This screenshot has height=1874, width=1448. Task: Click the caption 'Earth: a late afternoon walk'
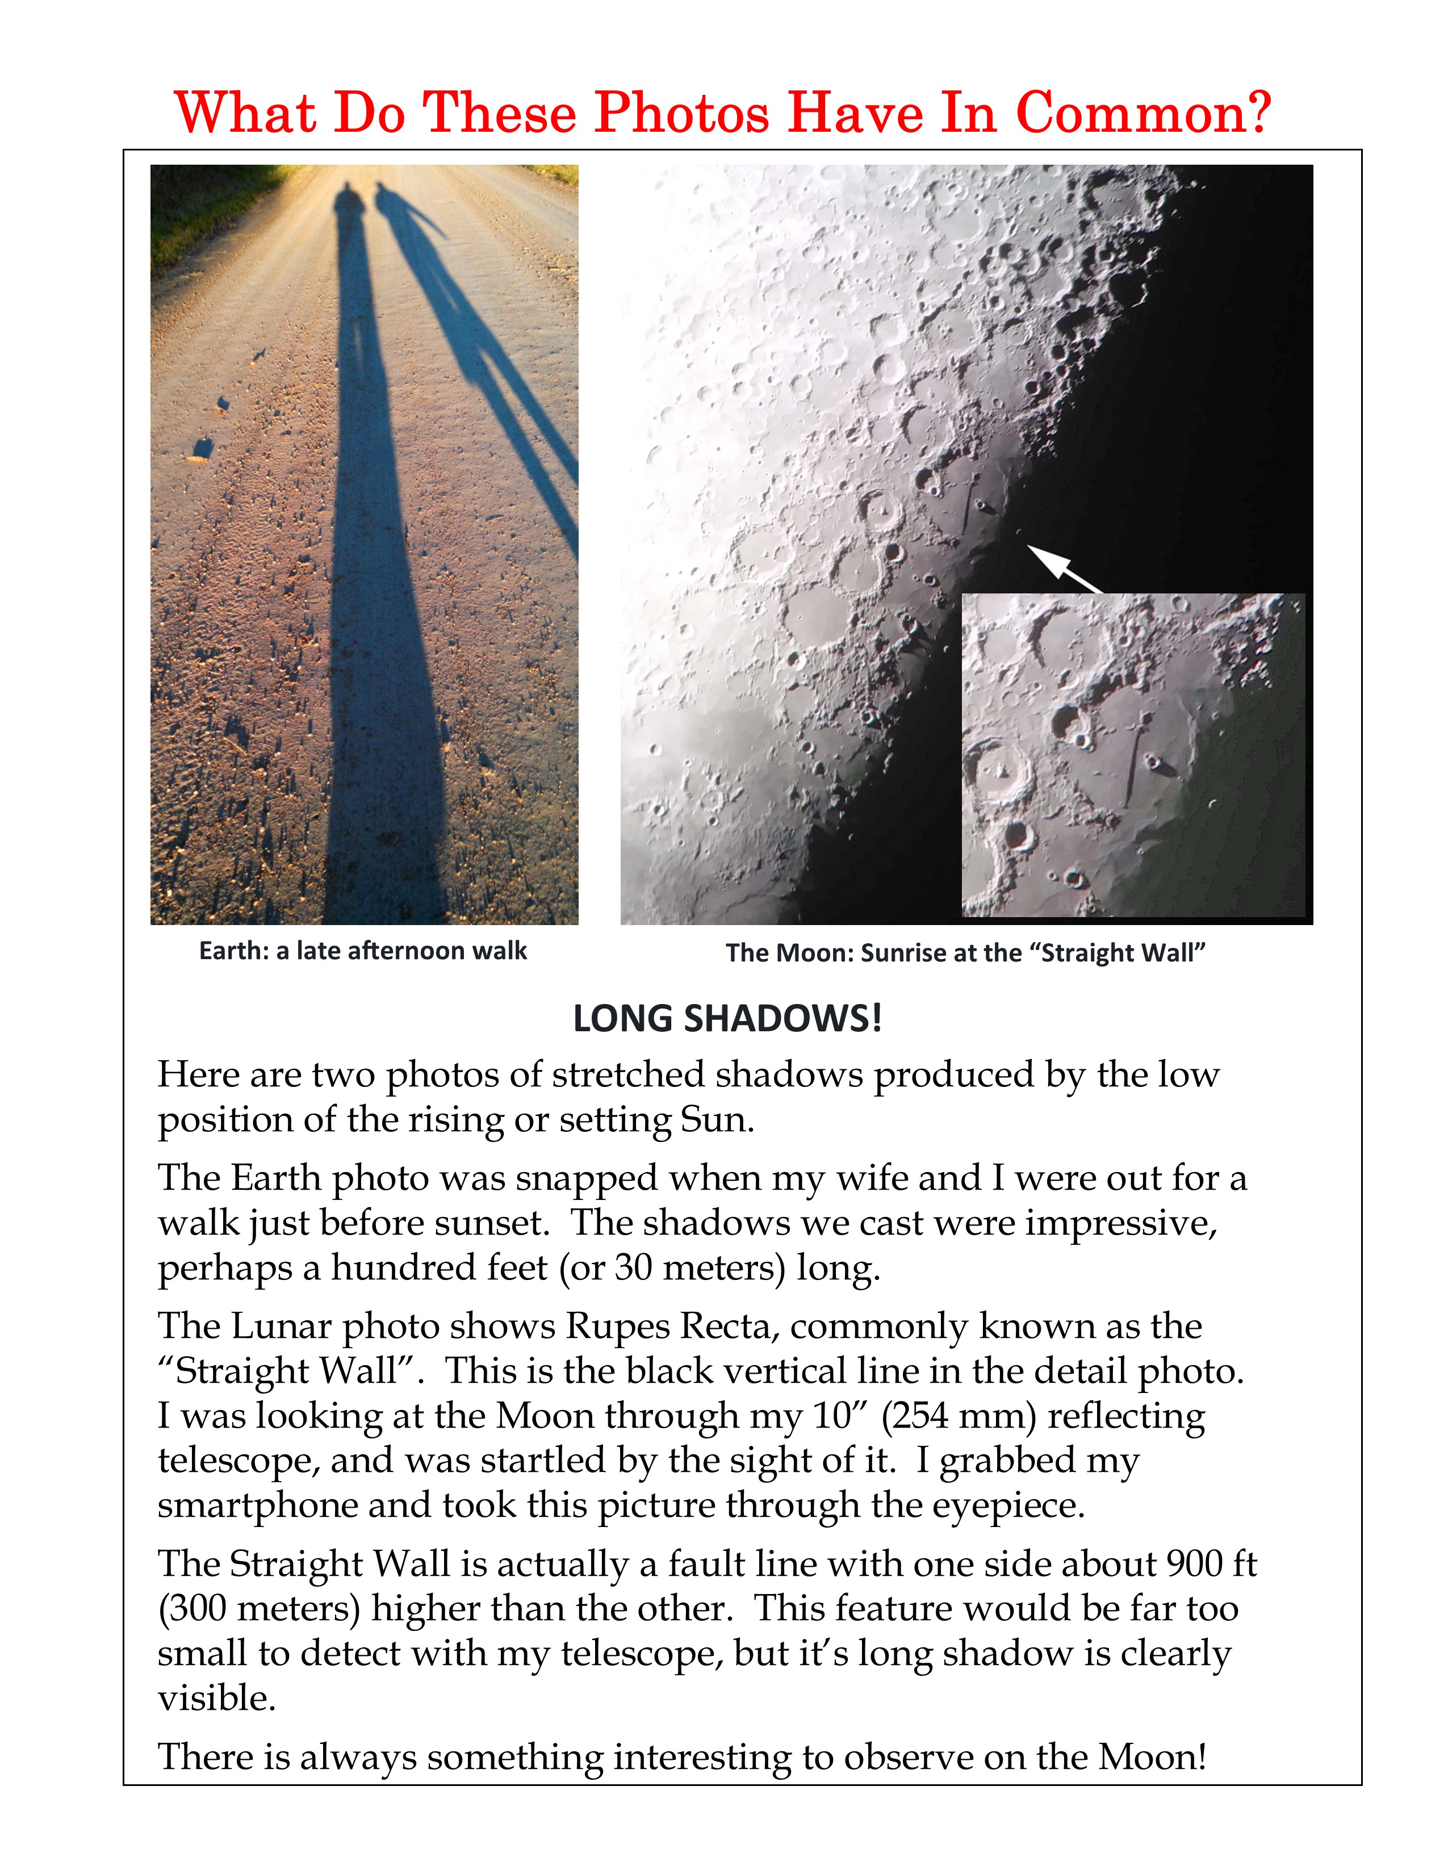[x=363, y=951]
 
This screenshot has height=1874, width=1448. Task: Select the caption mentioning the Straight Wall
[x=965, y=953]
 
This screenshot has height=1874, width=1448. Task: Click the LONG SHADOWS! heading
[x=727, y=1019]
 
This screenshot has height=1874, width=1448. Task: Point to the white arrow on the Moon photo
[x=1063, y=567]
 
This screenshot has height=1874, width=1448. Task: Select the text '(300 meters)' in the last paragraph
[x=259, y=1608]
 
